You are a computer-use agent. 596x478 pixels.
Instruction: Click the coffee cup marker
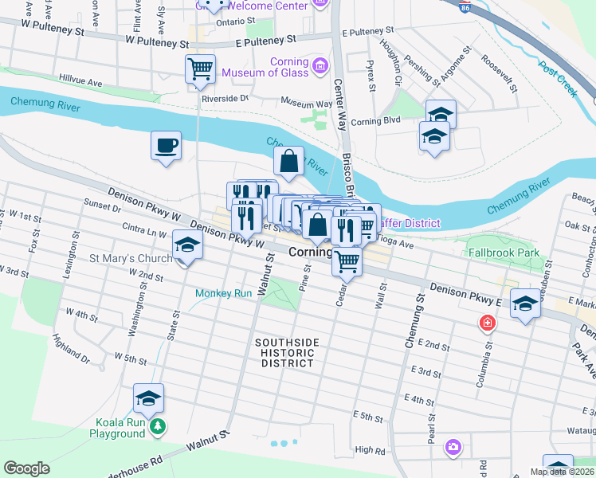point(166,147)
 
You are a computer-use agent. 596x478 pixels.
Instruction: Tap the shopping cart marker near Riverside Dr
point(200,69)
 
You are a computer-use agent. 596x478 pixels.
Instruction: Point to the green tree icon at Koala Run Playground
point(159,427)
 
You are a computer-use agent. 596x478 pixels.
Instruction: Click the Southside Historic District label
point(287,353)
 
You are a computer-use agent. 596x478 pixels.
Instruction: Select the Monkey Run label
point(225,293)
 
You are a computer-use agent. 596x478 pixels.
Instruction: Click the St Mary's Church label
point(130,258)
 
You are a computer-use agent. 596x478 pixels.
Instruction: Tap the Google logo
point(26,468)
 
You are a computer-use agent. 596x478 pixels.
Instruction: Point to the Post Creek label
point(557,80)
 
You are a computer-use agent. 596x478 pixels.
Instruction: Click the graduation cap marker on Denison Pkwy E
point(524,304)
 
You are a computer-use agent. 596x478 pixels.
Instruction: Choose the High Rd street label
point(370,450)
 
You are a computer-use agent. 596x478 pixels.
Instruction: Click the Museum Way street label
point(307,104)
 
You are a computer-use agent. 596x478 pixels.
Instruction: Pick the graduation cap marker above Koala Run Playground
point(148,398)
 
